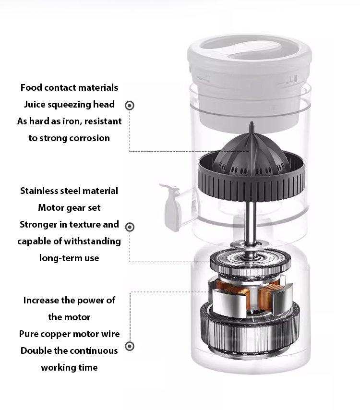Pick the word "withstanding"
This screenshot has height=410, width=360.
click(x=92, y=241)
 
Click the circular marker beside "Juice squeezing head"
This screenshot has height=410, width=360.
click(x=130, y=106)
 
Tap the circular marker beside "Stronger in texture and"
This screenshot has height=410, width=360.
click(x=130, y=227)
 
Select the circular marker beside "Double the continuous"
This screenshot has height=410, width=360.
click(x=130, y=347)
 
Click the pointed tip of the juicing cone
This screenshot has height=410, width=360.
click(x=252, y=122)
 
